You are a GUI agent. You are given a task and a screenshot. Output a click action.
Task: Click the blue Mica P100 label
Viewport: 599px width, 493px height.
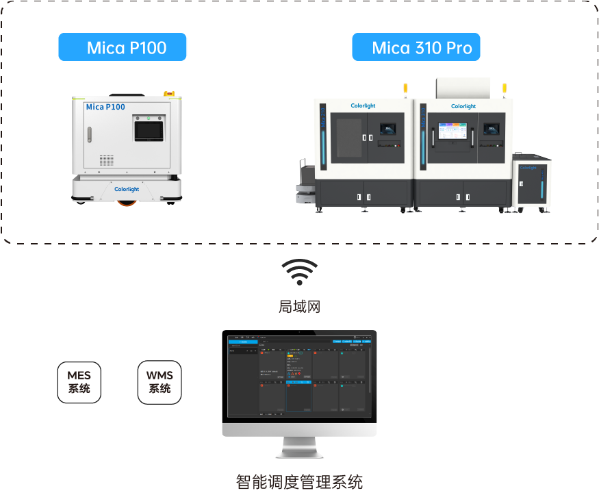click(x=122, y=48)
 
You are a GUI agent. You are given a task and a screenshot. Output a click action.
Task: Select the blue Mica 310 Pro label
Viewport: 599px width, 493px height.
click(x=416, y=48)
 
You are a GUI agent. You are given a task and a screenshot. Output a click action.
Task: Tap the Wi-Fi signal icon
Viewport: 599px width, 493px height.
click(x=299, y=272)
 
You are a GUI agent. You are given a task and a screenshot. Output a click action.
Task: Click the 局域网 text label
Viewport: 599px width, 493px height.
click(x=299, y=306)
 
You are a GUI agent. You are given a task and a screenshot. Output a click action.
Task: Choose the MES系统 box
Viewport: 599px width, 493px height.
click(x=79, y=382)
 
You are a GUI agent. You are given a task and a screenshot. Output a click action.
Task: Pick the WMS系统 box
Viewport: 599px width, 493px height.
click(x=160, y=382)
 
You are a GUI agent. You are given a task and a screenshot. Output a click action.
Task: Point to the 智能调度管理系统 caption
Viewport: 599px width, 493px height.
click(x=299, y=481)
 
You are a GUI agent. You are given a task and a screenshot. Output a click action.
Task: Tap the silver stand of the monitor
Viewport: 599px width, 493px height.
click(x=299, y=448)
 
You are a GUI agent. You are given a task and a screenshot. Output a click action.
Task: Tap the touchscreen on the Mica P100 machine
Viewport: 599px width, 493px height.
click(x=149, y=128)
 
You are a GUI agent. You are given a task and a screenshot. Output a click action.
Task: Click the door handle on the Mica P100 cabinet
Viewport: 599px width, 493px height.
click(x=88, y=135)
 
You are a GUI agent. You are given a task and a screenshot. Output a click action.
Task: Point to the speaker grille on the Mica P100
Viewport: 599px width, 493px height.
click(x=106, y=160)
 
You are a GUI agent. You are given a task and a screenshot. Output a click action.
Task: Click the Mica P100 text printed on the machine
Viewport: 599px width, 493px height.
click(x=105, y=107)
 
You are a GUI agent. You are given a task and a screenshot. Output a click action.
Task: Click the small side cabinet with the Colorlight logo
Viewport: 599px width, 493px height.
click(x=532, y=181)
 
